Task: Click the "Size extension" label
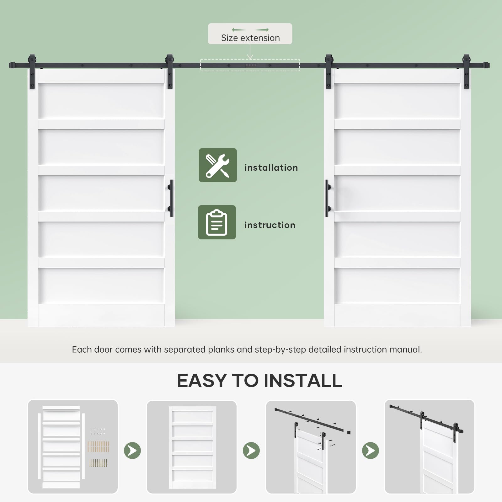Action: tap(250, 38)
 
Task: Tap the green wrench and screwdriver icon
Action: tap(218, 165)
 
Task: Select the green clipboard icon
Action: tap(217, 222)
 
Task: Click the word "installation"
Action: tap(271, 168)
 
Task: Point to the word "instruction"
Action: tap(270, 225)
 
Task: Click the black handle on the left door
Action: tap(171, 198)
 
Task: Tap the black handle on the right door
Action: tap(328, 198)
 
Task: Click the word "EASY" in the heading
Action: tap(202, 381)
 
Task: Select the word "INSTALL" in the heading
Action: tap(303, 381)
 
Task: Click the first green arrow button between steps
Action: tap(132, 451)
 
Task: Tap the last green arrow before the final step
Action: tap(371, 451)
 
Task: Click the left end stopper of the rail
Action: tap(12, 65)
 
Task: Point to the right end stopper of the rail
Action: tap(486, 65)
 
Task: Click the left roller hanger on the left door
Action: tap(32, 72)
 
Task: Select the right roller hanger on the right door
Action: tap(467, 72)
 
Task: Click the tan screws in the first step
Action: tap(98, 446)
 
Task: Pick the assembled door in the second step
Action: tap(192, 447)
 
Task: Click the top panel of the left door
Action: tap(101, 101)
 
